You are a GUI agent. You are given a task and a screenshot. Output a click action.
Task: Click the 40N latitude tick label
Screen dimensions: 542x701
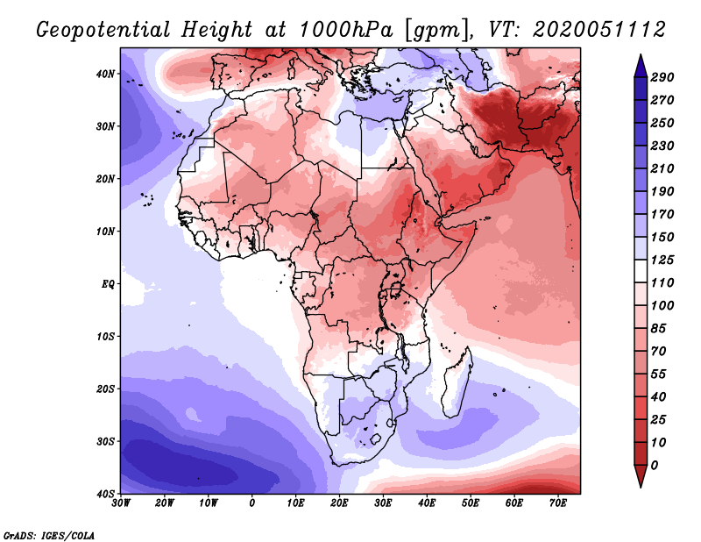point(105,74)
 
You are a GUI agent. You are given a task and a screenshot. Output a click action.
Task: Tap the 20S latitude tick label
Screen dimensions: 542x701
point(105,389)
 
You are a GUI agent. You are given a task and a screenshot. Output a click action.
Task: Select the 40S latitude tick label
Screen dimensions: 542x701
point(105,494)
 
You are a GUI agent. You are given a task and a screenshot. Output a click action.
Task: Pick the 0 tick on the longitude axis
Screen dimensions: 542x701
point(252,503)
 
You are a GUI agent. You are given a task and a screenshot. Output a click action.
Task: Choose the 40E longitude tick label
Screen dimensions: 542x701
point(427,503)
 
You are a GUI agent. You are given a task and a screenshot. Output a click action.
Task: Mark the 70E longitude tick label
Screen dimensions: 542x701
point(558,503)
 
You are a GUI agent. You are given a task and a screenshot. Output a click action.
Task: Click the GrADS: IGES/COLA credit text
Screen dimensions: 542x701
point(49,534)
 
